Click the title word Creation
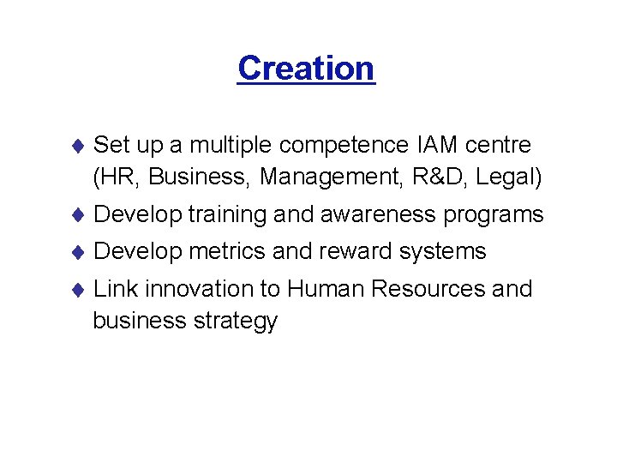[x=306, y=68]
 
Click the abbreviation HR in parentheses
[x=117, y=177]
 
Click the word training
[x=226, y=214]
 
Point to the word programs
[x=494, y=215]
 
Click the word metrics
[x=227, y=251]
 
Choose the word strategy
[x=237, y=322]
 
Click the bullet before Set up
[x=76, y=146]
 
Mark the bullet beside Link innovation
[x=76, y=290]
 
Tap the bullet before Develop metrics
[x=76, y=252]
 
